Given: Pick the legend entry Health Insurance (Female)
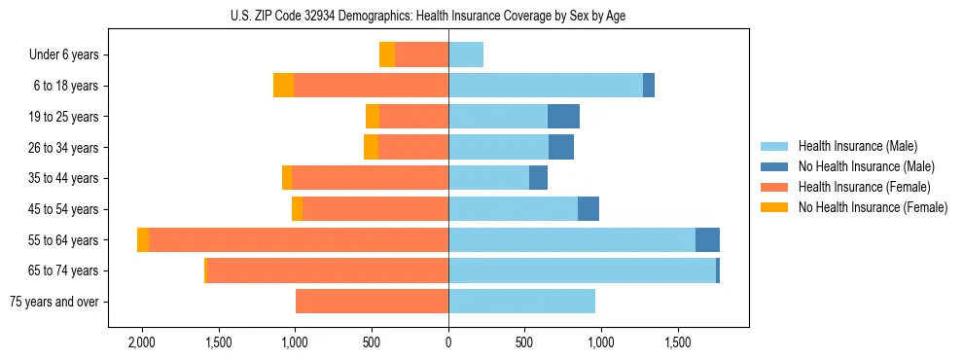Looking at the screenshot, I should [x=864, y=187].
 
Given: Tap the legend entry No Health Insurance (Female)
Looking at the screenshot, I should [x=873, y=207].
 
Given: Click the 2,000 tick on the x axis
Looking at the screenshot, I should [x=142, y=342].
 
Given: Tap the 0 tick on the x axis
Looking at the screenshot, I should [x=448, y=342].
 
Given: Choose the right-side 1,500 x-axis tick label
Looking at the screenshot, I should [x=678, y=342].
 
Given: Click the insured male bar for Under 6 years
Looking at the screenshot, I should [x=466, y=55].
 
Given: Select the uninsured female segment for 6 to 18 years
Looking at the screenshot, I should [x=283, y=86].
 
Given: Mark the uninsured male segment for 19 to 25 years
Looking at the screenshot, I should [x=563, y=117].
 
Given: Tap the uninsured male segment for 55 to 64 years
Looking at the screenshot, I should [x=707, y=240].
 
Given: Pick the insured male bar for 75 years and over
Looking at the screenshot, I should [x=521, y=302].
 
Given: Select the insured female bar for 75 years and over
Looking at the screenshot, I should [x=372, y=302].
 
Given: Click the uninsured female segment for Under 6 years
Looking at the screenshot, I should [x=387, y=55].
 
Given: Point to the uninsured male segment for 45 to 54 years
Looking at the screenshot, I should [x=588, y=209].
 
